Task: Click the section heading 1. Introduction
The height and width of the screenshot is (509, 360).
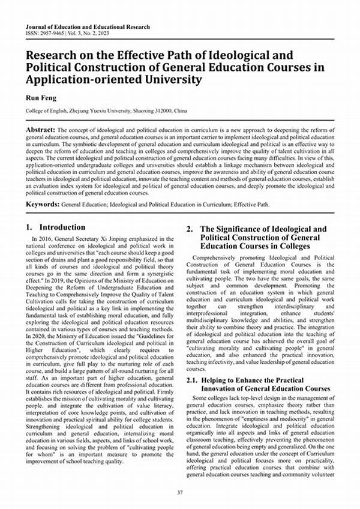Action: pyautogui.click(x=56, y=227)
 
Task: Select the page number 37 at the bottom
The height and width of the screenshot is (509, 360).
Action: pyautogui.click(x=179, y=492)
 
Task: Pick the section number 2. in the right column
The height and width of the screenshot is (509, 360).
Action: pyautogui.click(x=190, y=229)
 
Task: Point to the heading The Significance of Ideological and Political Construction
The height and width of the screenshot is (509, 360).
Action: pyautogui.click(x=264, y=238)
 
